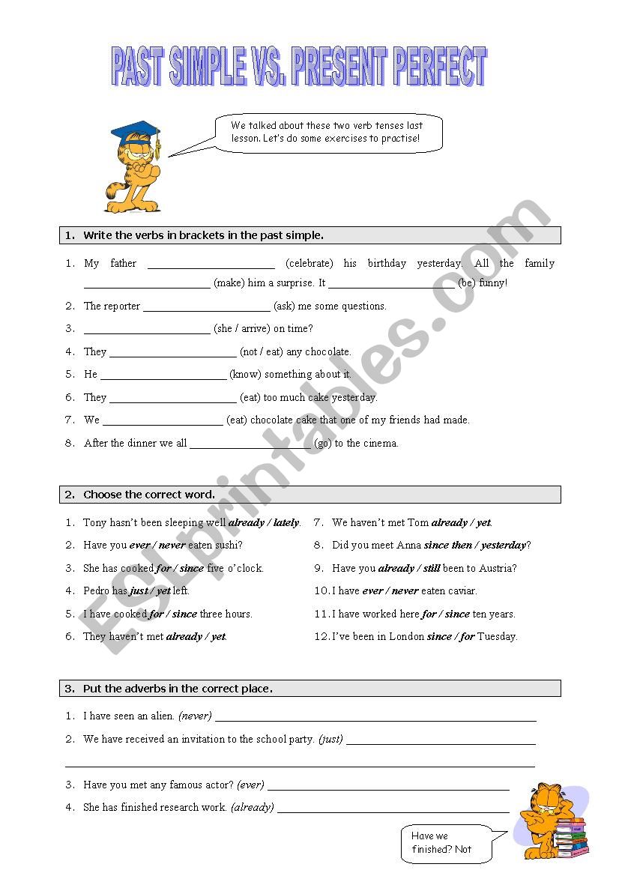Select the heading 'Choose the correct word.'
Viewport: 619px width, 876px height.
pos(149,495)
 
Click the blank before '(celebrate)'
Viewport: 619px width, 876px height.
pos(211,264)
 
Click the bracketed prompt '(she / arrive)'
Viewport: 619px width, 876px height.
pos(241,328)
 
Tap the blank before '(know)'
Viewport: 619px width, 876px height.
pos(163,374)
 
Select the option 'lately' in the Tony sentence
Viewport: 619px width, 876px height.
pos(286,522)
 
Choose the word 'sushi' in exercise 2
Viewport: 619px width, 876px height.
pos(228,545)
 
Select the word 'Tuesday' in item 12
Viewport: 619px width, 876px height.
pos(497,636)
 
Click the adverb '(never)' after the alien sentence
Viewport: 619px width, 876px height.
pos(195,716)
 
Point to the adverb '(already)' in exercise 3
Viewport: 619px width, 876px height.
pos(253,807)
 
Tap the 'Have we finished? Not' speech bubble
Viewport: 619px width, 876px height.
pos(444,842)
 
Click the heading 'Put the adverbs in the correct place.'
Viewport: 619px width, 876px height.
pos(178,689)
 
